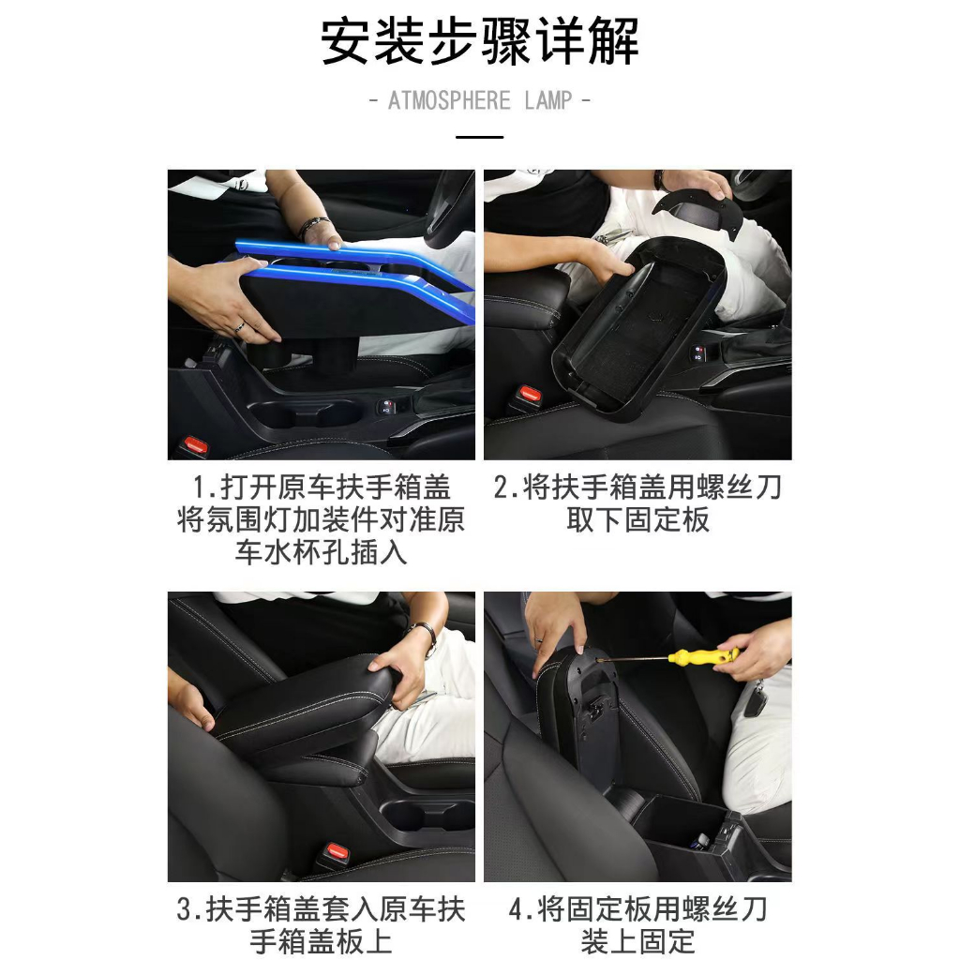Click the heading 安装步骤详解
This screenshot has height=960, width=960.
479,41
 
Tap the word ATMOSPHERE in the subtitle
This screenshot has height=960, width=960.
449,100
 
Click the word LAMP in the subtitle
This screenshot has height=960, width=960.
548,100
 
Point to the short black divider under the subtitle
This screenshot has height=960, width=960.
479,137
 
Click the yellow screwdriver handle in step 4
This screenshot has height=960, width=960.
703,657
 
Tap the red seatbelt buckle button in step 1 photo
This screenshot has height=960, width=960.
196,442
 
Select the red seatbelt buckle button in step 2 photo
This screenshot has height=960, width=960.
529,393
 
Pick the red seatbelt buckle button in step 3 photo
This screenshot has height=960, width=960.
337,850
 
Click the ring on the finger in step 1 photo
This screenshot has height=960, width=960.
239,326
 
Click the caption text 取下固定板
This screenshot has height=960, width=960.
637,519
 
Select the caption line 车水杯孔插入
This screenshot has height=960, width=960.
321,552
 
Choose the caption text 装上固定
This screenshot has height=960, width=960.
637,941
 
